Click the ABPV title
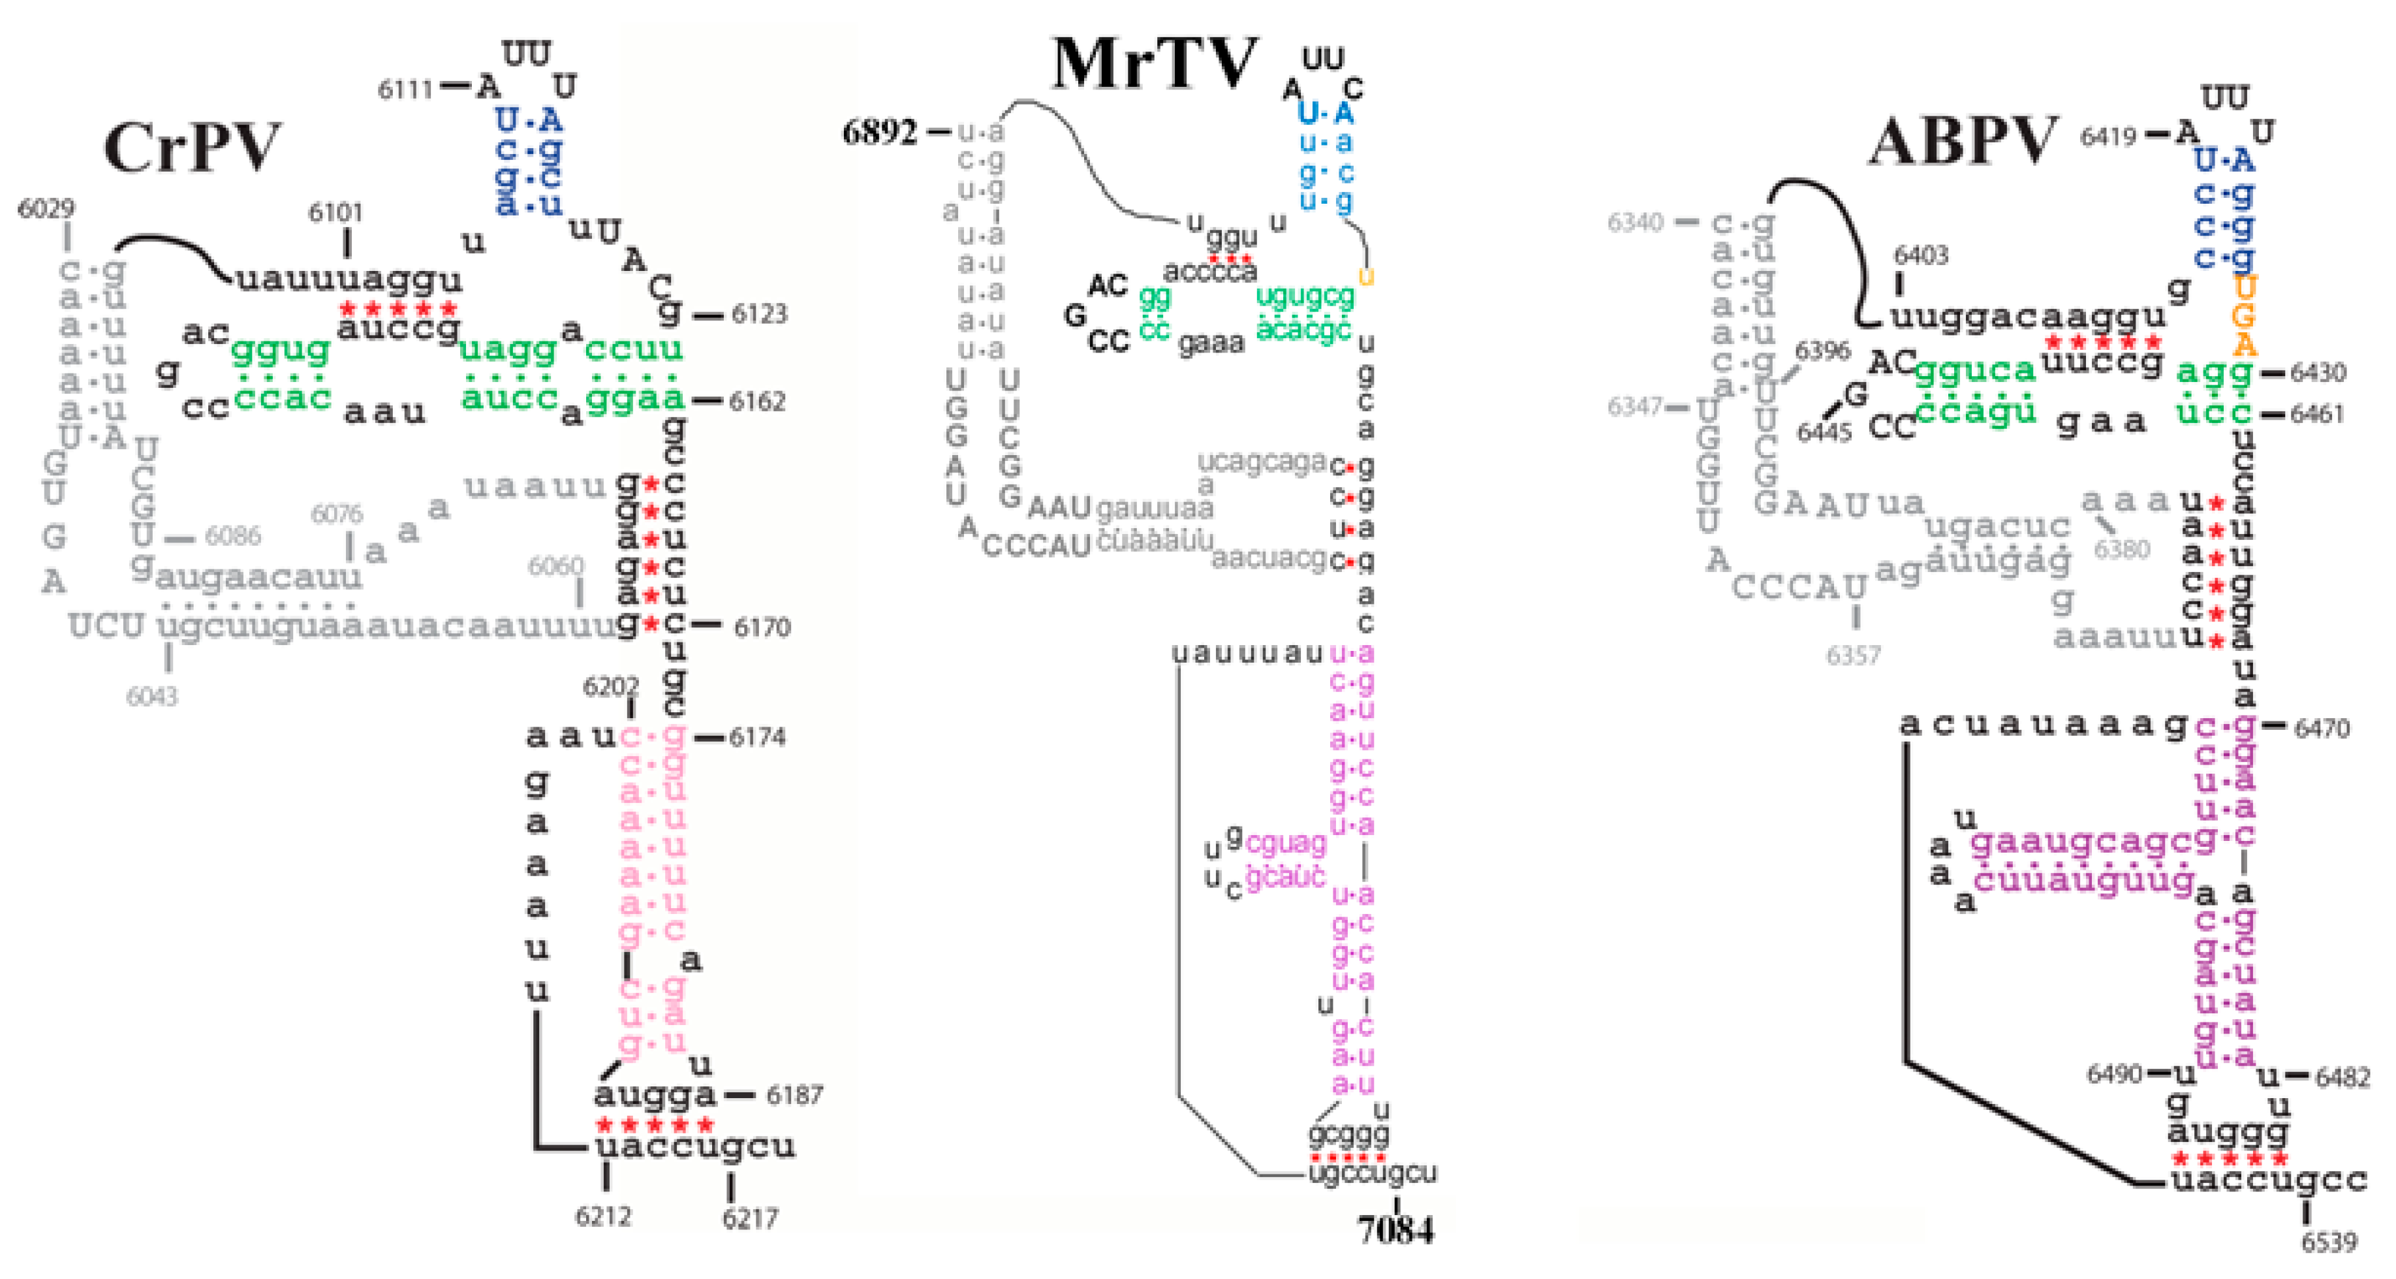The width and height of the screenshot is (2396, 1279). (1963, 142)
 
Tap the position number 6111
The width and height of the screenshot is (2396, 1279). (405, 89)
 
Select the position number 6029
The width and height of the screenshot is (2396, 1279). (46, 208)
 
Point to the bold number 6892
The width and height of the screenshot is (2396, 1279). (879, 132)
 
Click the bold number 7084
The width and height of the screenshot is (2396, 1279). (1395, 1229)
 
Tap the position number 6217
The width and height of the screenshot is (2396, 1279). (750, 1218)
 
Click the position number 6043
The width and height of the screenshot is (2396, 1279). (151, 696)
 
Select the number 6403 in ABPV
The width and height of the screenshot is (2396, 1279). (1921, 255)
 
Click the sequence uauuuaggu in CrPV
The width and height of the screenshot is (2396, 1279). (349, 278)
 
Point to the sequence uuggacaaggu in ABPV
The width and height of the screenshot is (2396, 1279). (2028, 317)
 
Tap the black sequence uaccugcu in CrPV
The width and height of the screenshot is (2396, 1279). (695, 1146)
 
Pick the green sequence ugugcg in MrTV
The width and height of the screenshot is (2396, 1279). (1304, 296)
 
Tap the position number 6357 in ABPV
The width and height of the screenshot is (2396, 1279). (1853, 655)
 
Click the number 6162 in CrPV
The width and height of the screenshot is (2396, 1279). (757, 402)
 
